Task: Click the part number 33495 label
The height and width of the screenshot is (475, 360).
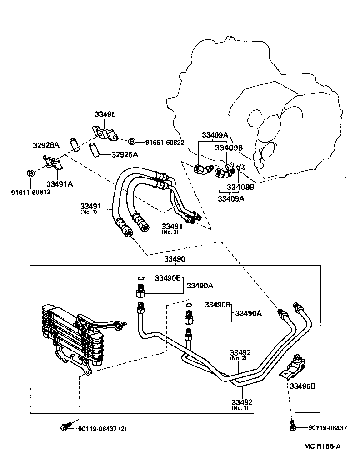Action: click(x=105, y=114)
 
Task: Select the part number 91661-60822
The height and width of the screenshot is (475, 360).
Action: click(x=165, y=143)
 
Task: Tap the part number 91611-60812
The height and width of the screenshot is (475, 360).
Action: click(x=31, y=192)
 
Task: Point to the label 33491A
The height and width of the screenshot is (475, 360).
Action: click(x=60, y=183)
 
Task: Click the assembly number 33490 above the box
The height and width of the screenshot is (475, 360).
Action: click(x=175, y=258)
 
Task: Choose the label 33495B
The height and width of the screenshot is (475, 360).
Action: click(x=303, y=386)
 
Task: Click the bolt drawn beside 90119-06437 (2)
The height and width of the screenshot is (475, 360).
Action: click(x=65, y=427)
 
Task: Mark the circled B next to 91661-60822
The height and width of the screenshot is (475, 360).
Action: click(x=131, y=143)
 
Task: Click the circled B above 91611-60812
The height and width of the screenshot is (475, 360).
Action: click(x=31, y=173)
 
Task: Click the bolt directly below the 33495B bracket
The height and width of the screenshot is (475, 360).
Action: click(x=292, y=427)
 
